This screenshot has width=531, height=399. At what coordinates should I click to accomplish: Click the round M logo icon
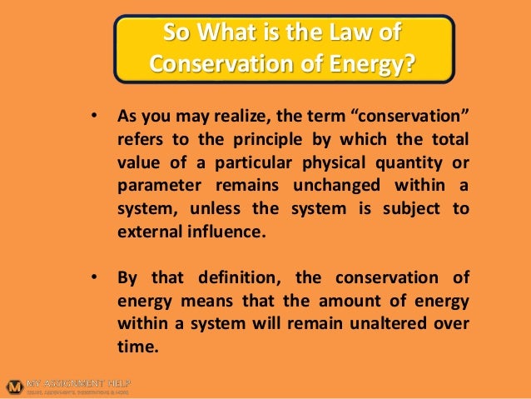coord(13,386)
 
